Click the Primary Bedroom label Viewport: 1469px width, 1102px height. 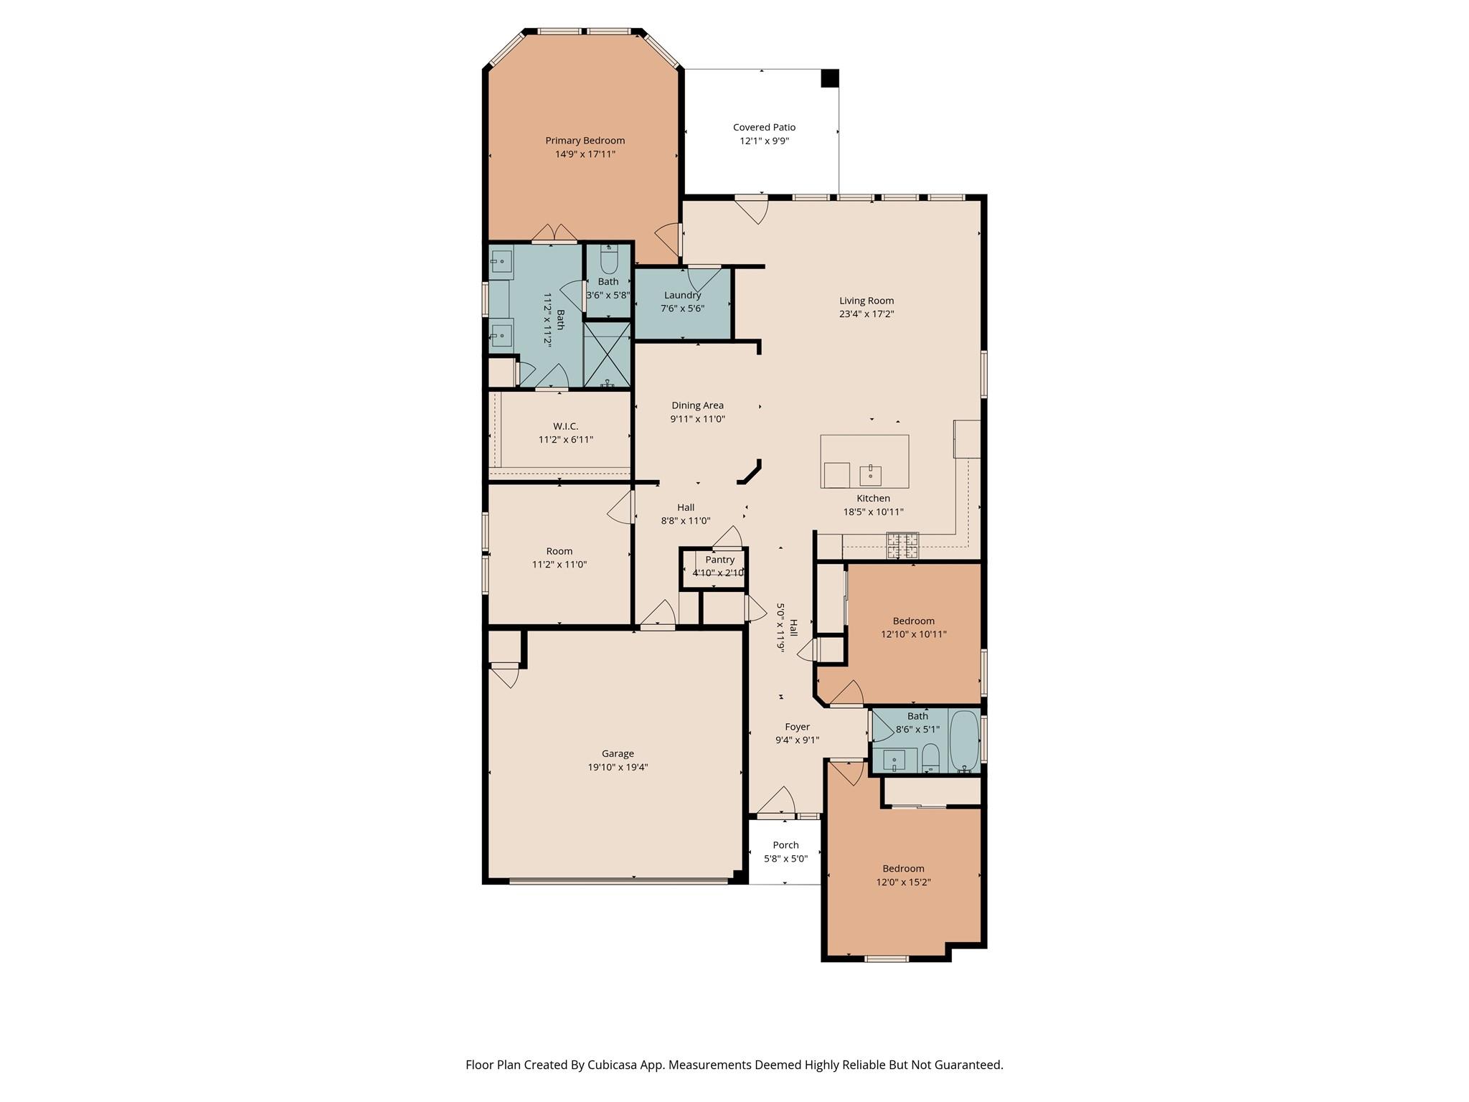[585, 141]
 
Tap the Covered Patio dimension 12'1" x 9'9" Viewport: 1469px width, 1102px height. [764, 141]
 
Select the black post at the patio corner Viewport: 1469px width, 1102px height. [829, 78]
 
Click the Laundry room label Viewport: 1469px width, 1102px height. [682, 295]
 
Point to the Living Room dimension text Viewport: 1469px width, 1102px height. [866, 314]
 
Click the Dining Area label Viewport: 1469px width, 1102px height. [697, 405]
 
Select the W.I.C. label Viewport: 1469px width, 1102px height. [565, 426]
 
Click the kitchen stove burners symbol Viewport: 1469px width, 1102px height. [902, 545]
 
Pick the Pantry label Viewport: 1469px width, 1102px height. [719, 560]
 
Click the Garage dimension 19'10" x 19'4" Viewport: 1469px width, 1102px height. [618, 767]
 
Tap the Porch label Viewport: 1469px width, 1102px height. [785, 845]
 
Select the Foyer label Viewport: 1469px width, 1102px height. [797, 727]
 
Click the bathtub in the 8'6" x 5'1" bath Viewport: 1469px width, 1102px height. [964, 740]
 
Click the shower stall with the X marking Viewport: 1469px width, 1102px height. [607, 354]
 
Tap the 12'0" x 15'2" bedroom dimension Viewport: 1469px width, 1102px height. [903, 882]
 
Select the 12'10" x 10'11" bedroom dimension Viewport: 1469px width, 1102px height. [913, 634]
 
